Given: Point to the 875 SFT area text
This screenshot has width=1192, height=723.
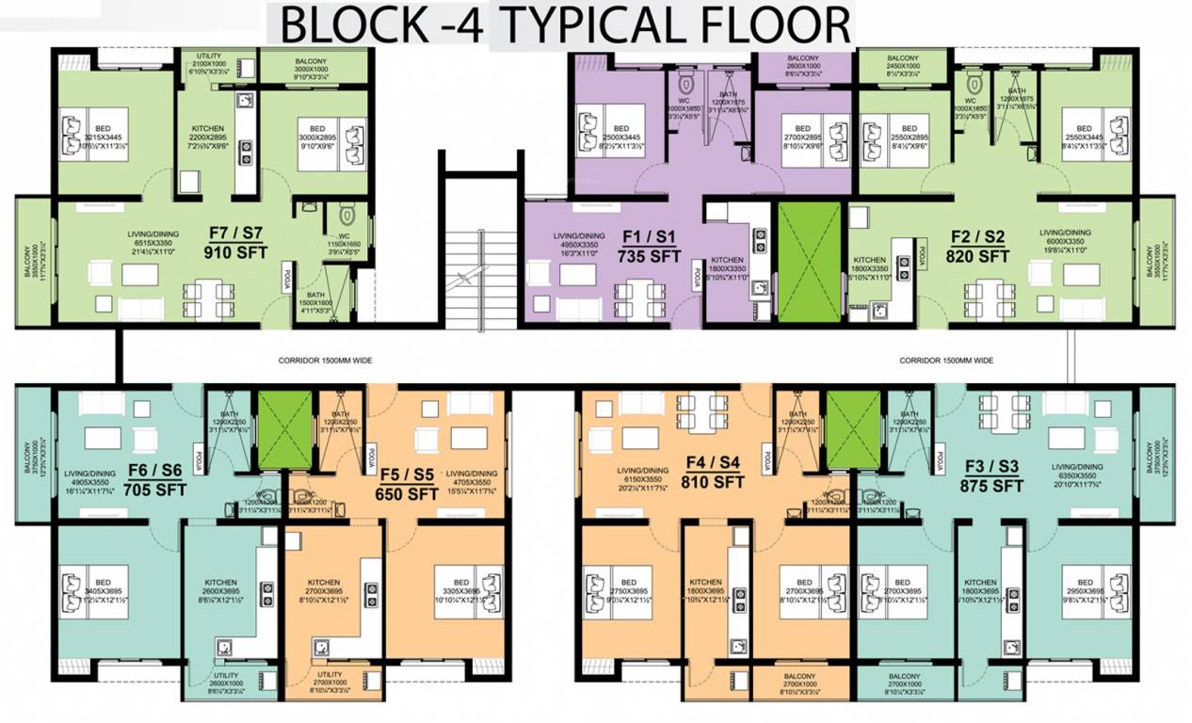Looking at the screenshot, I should click(x=991, y=486).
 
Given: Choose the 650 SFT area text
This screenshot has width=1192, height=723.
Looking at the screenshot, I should click(x=404, y=492).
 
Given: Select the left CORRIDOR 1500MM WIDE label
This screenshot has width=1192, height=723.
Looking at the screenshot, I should click(x=325, y=360).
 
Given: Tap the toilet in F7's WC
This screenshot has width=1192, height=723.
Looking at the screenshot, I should click(x=344, y=211).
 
